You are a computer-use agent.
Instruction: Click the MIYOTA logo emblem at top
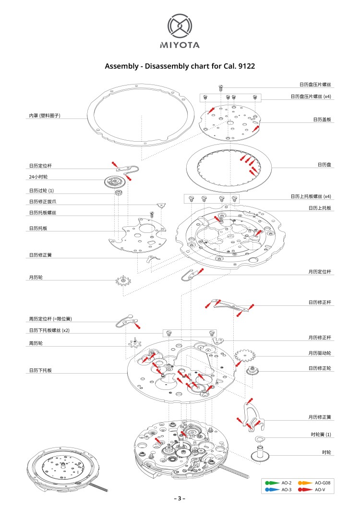click(x=180, y=26)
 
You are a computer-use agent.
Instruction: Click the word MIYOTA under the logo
click(x=180, y=46)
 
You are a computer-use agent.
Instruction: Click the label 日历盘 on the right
click(x=324, y=165)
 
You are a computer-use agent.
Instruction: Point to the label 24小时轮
click(x=38, y=177)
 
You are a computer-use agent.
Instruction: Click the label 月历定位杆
click(x=320, y=272)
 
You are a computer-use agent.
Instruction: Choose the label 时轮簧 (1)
click(x=321, y=435)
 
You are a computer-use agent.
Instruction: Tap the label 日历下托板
click(x=40, y=370)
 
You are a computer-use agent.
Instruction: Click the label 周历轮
click(x=36, y=343)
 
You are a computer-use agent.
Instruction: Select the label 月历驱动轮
click(x=320, y=353)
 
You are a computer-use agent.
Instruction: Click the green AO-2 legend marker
click(x=272, y=483)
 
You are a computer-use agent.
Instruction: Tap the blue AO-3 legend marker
click(x=272, y=489)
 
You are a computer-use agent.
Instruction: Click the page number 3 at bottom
click(x=180, y=498)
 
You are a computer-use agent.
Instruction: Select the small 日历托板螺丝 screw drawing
click(x=152, y=214)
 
